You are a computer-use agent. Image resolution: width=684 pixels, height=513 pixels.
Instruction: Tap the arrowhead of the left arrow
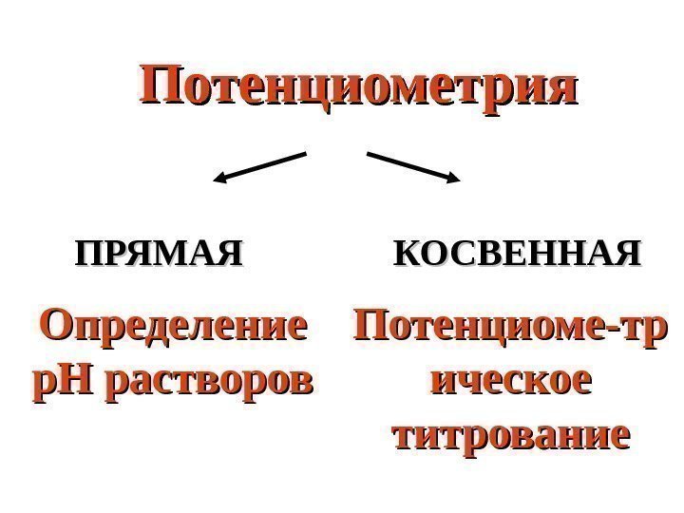(x=219, y=177)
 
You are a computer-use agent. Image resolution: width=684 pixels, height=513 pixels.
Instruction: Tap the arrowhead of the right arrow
(x=453, y=177)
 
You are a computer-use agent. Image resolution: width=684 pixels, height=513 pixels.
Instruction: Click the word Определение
(x=174, y=329)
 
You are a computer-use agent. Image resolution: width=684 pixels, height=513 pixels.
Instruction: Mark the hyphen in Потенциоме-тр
(x=617, y=331)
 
